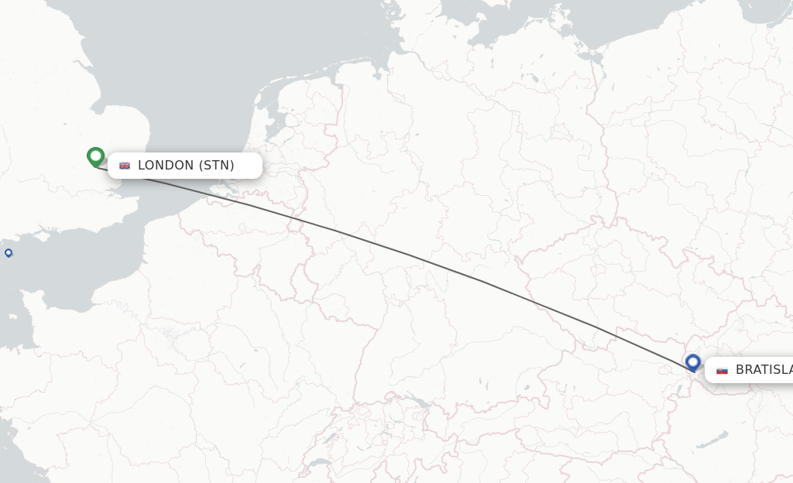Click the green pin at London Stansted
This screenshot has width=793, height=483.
click(96, 157)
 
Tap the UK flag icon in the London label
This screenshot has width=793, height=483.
click(125, 166)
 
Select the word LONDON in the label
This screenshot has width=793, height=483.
click(166, 166)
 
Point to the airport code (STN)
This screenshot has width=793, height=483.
click(217, 166)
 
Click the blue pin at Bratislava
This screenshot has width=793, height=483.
click(692, 362)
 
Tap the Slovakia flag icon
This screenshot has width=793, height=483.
click(722, 370)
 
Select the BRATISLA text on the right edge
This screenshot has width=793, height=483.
click(764, 370)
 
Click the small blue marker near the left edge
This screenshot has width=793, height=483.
click(9, 253)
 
